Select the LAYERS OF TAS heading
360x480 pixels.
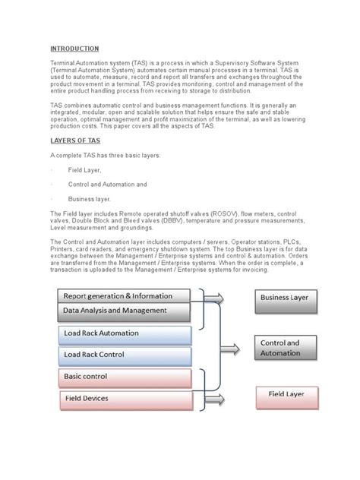coord(76,140)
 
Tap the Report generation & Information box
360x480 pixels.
coord(117,296)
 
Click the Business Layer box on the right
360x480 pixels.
coord(284,298)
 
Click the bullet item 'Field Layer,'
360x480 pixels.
coord(85,170)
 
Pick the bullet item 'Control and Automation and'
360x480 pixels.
coord(107,184)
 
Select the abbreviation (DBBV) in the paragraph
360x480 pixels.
coord(155,220)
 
